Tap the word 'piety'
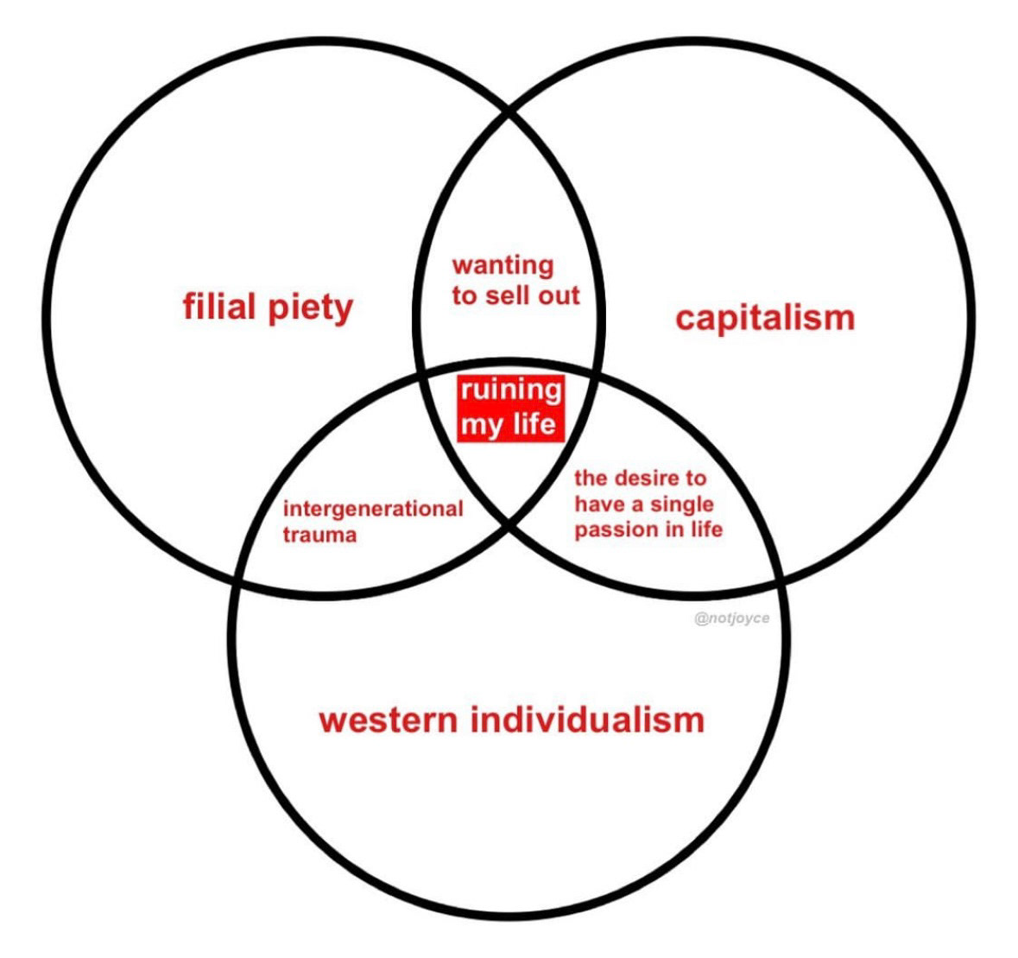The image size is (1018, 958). pos(310,309)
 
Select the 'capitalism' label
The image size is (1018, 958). pos(764,317)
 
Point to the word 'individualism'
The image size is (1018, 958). pos(587,720)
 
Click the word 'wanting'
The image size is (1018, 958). pos(503,266)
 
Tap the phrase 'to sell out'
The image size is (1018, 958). pos(515,295)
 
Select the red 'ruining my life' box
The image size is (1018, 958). pos(510,407)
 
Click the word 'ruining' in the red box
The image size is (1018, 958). pos(510,390)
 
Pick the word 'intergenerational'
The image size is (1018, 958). pos(373,509)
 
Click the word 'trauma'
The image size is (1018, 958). pos(319,535)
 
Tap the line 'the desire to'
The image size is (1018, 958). pos(640,478)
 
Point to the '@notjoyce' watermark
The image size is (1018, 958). pos(731,619)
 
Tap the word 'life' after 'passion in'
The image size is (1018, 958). pos(707,530)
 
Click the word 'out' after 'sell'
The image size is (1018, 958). pos(559,295)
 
